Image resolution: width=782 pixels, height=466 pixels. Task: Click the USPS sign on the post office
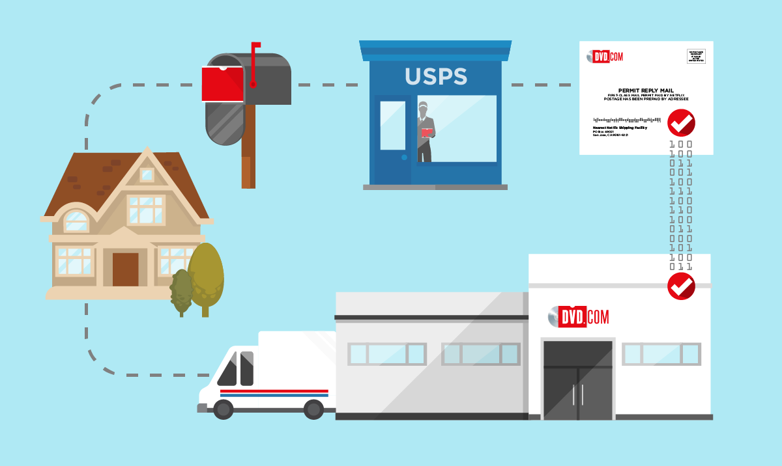435,76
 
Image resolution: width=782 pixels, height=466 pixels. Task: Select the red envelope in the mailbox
222,84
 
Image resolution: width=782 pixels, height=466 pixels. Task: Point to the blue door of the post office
392,140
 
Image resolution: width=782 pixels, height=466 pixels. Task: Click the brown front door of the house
125,269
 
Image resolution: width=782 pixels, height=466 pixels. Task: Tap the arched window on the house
76,221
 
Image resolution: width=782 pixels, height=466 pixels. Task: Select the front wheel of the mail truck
223,409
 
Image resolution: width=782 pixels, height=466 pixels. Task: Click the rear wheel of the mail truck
313,409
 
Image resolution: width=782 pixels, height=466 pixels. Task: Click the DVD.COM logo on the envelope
604,57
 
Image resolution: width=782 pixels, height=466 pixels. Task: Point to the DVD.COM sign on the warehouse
578,316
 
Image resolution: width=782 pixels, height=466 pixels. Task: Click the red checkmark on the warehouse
681,286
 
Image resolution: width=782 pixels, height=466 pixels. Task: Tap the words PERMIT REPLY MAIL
646,90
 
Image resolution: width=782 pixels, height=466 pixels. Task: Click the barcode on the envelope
629,120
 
